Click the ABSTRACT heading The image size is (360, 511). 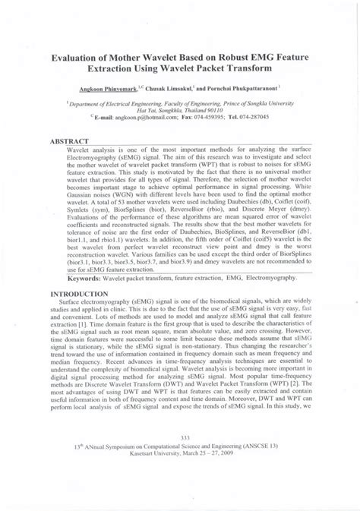70,141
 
